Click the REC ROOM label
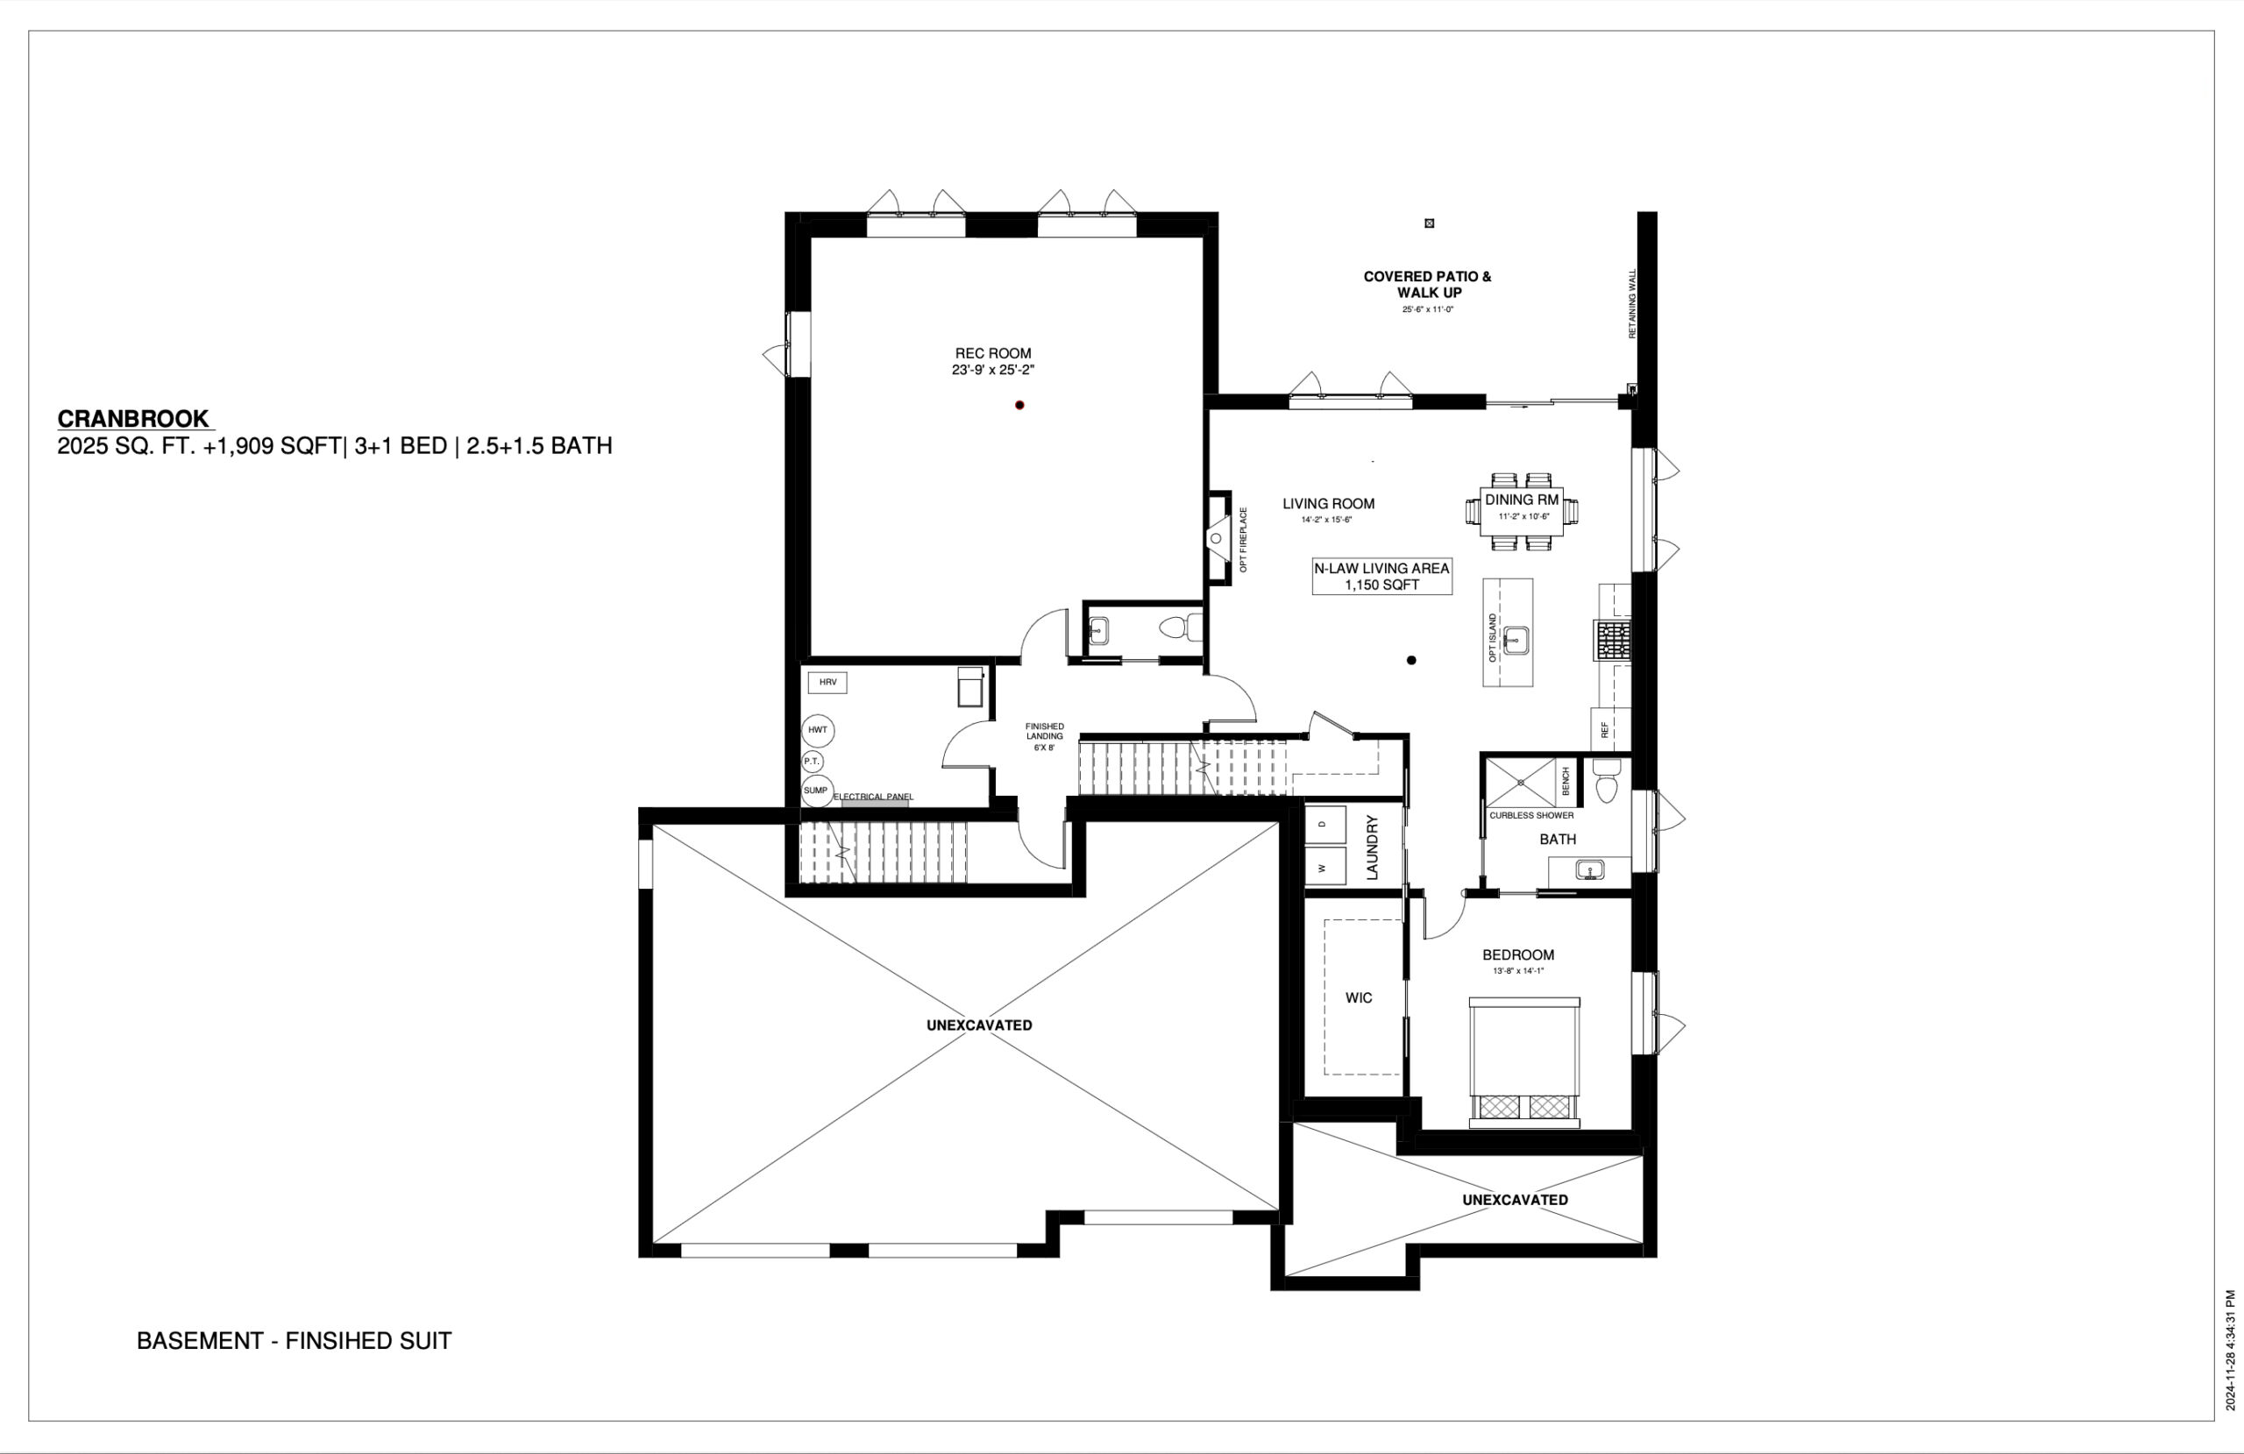click(x=993, y=353)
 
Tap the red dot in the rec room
click(x=1019, y=406)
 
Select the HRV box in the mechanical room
click(x=827, y=683)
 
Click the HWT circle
click(x=818, y=731)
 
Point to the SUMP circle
click(x=816, y=791)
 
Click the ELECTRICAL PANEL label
click(x=873, y=798)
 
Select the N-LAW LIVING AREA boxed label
click(x=1381, y=577)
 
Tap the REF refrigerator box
click(x=1609, y=729)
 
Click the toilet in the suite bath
click(x=1607, y=783)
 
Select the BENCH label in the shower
click(x=1566, y=781)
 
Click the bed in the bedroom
click(x=1523, y=1060)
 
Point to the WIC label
click(x=1359, y=997)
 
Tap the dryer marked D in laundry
click(x=1324, y=824)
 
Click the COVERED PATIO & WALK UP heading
click(x=1428, y=285)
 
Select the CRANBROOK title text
click(x=134, y=419)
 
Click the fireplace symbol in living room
click(x=1217, y=538)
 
